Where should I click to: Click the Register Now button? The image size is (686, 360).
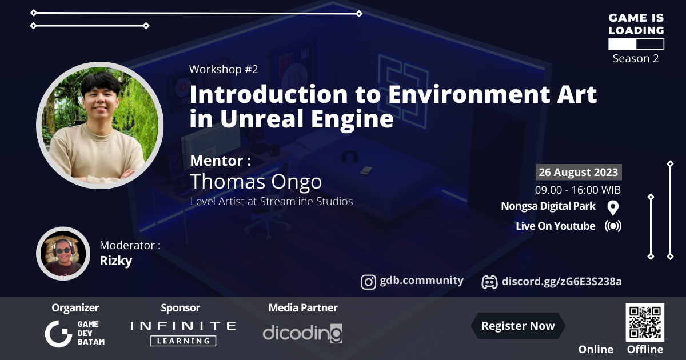[x=518, y=326]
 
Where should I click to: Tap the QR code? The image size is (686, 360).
[x=645, y=322]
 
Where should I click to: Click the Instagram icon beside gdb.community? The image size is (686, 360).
[x=369, y=282]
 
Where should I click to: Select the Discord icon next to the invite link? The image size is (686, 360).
[x=489, y=282]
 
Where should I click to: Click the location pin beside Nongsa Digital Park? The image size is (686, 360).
[x=613, y=207]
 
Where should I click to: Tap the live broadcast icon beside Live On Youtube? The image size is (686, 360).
[x=613, y=226]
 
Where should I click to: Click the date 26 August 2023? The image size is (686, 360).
[x=578, y=172]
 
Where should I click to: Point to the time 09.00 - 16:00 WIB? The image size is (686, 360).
[x=578, y=190]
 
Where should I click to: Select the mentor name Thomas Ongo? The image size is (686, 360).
[x=256, y=182]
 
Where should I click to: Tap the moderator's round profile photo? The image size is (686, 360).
[x=61, y=253]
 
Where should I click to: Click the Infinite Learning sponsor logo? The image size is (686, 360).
[x=183, y=333]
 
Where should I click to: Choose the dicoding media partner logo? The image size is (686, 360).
[x=302, y=333]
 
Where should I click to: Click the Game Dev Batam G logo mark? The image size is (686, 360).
[x=58, y=333]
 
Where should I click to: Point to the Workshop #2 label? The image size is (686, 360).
[x=224, y=70]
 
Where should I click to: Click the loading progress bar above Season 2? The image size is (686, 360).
[x=636, y=44]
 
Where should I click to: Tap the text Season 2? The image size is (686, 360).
[x=636, y=58]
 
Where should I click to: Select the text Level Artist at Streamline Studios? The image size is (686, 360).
[x=271, y=201]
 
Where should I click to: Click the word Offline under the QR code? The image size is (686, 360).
[x=645, y=350]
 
